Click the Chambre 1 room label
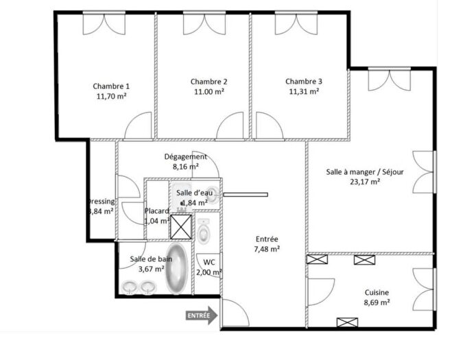[x=111, y=86]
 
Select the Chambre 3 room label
[x=304, y=81]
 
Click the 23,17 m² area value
[x=366, y=182]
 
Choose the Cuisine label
[x=377, y=291]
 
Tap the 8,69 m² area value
[x=377, y=302]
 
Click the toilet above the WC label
[x=205, y=232]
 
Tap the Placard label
[x=157, y=211]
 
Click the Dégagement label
[x=185, y=156]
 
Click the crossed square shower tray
[x=182, y=226]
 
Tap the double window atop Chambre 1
[x=104, y=25]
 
